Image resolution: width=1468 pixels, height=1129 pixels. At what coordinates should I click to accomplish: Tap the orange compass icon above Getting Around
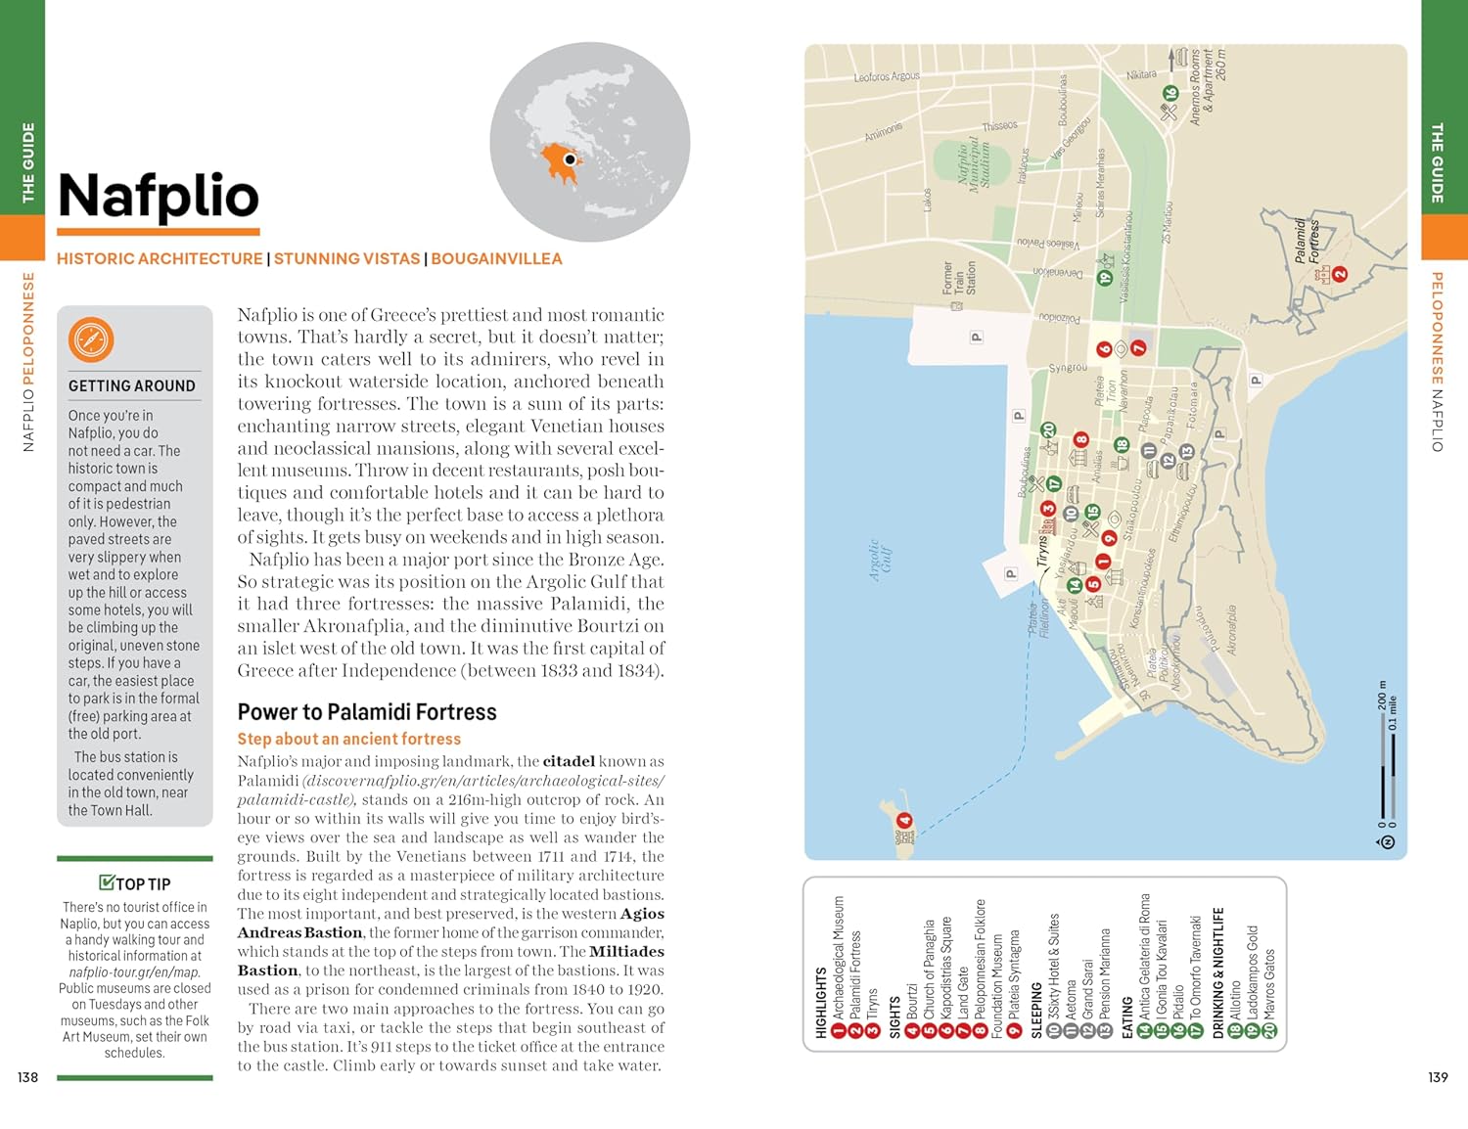91,339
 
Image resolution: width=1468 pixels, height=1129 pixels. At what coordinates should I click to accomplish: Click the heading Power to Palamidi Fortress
367,712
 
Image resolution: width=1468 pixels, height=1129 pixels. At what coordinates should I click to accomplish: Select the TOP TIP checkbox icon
107,882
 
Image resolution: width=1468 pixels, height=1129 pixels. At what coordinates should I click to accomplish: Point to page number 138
27,1077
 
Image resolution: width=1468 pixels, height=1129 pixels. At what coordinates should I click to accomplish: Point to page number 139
1437,1077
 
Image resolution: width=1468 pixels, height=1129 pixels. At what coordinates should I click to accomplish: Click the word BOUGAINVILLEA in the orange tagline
496,259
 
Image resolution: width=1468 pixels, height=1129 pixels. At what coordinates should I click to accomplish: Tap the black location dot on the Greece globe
570,159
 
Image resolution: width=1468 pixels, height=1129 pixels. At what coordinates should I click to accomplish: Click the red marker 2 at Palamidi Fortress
1340,275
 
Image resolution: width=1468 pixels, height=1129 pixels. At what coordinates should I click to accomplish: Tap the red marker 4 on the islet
904,821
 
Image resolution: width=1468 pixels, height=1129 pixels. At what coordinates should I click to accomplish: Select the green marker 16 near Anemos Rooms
1170,94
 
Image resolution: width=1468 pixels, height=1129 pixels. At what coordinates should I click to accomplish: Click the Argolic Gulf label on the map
881,562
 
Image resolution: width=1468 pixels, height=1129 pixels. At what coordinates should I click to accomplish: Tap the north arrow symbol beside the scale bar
1386,841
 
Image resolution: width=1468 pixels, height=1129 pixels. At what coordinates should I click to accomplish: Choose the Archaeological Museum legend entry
838,959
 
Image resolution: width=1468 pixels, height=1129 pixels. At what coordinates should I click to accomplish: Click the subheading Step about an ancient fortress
348,740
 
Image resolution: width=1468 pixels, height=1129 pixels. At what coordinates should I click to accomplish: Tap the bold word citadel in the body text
569,761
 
